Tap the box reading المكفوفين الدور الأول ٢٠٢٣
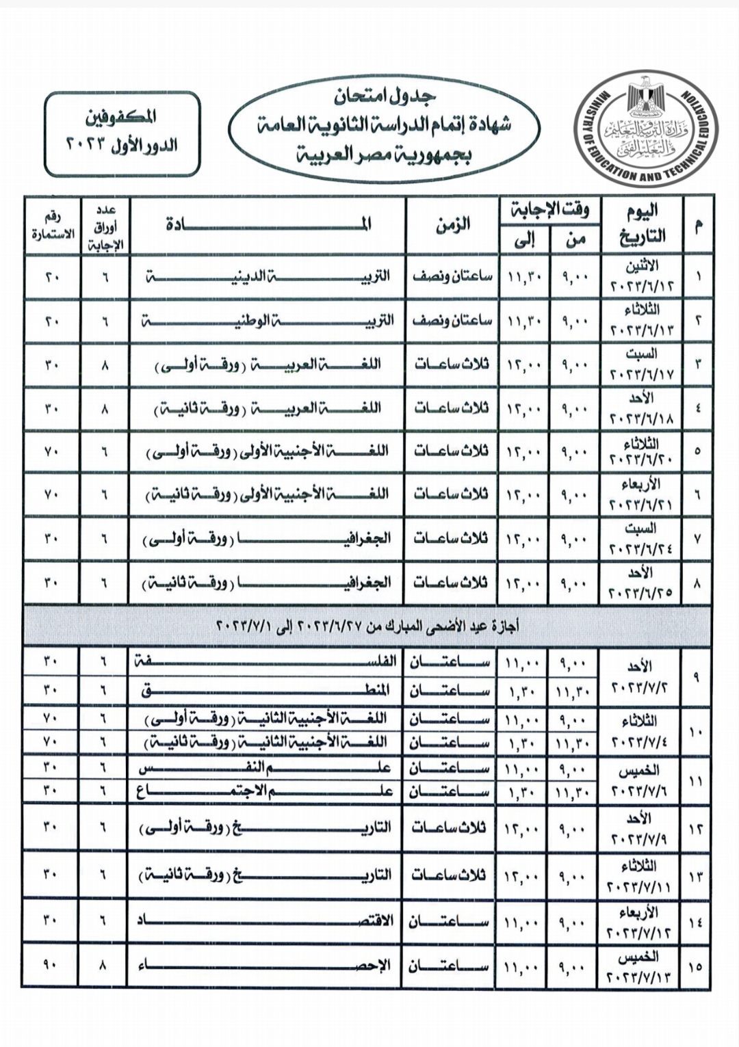pyautogui.click(x=122, y=133)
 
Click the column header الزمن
pyautogui.click(x=453, y=226)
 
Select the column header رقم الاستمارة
pyautogui.click(x=53, y=226)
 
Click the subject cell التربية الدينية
pyautogui.click(x=268, y=277)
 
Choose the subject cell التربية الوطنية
pyautogui.click(x=268, y=320)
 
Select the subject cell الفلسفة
pyautogui.click(x=268, y=662)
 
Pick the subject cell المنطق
pyautogui.click(x=268, y=691)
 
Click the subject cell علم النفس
pyautogui.click(x=268, y=768)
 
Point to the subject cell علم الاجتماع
pyautogui.click(x=268, y=792)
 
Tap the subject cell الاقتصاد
pyautogui.click(x=268, y=920)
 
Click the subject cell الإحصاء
pyautogui.click(x=268, y=965)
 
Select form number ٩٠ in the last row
pyautogui.click(x=53, y=966)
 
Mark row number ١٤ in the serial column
pyautogui.click(x=696, y=921)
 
